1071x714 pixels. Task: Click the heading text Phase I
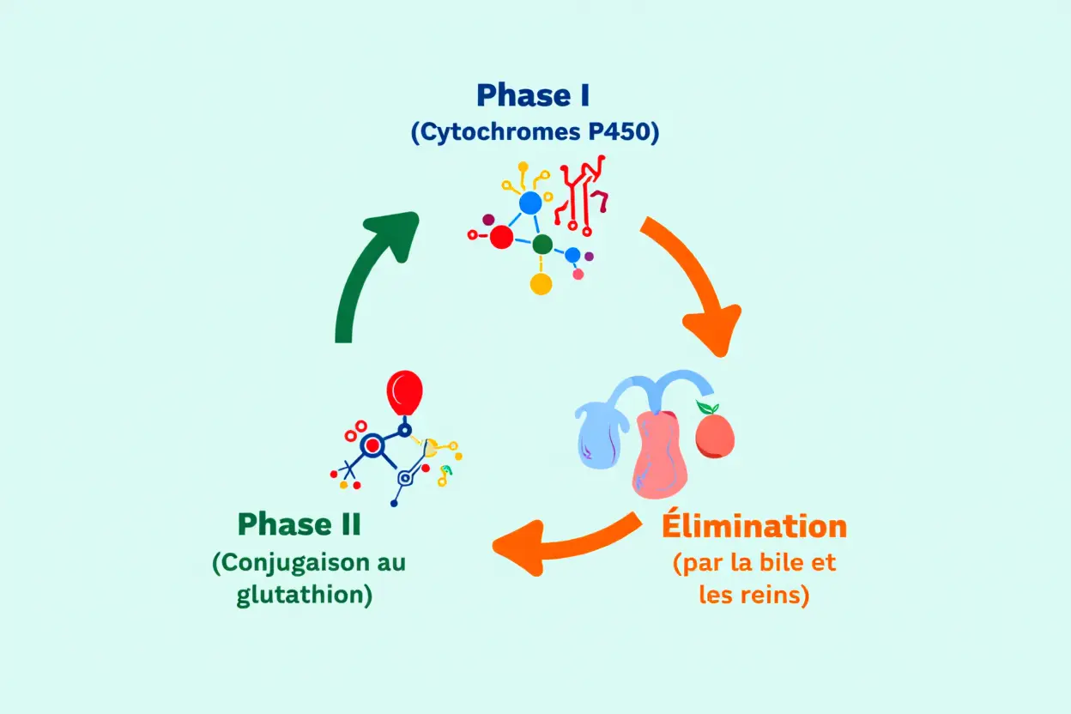533,95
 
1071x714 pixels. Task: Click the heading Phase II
299,524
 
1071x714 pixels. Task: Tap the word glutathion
300,596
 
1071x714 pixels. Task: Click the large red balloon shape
404,393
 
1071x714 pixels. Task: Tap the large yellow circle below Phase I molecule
541,284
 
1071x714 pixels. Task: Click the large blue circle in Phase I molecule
530,203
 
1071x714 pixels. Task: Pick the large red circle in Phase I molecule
501,237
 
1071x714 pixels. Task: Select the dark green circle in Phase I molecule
542,245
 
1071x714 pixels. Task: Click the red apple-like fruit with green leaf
714,433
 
